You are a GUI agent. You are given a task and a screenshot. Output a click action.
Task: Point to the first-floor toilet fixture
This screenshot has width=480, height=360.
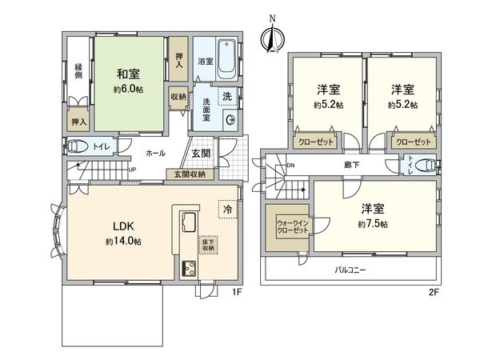(x=79, y=146)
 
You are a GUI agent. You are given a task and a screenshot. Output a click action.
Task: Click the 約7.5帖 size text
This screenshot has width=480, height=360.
(x=373, y=225)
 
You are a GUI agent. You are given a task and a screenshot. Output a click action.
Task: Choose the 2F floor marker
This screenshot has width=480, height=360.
(x=433, y=291)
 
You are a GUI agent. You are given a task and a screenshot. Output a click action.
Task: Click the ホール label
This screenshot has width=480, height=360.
(x=155, y=152)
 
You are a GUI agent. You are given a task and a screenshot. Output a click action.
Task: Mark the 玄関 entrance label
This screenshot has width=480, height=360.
(x=201, y=154)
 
